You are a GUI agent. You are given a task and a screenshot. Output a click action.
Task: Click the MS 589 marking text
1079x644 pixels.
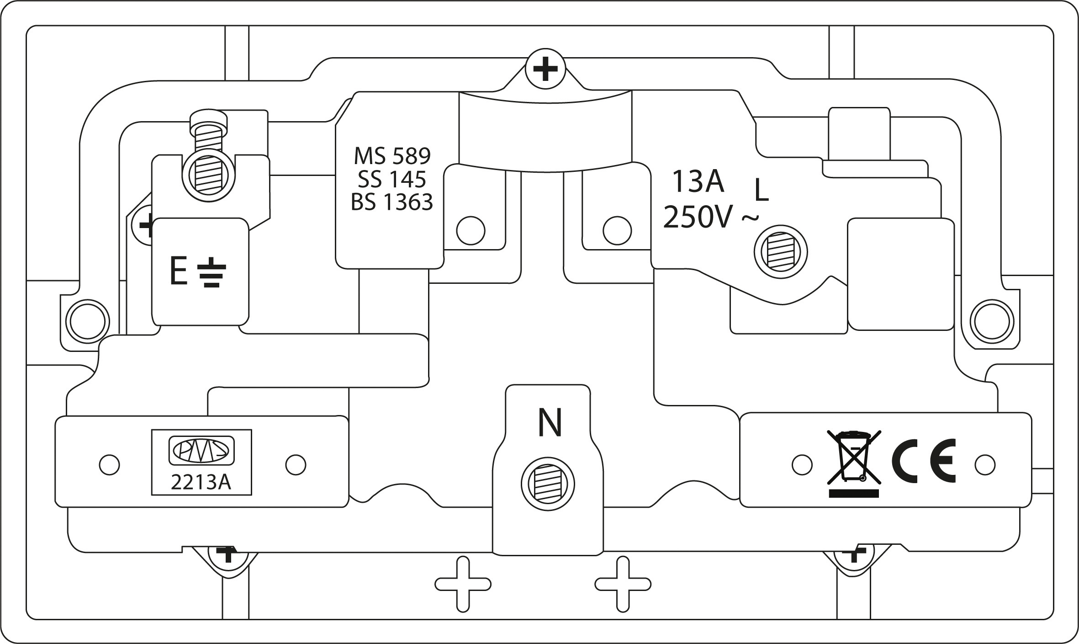(392, 156)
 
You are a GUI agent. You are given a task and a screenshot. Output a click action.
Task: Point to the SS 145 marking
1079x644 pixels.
(392, 179)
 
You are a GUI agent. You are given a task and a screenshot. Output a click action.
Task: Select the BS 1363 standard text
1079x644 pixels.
(392, 202)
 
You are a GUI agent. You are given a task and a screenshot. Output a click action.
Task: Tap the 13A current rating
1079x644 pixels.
(698, 181)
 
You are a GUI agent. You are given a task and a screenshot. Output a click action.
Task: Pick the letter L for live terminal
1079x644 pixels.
(762, 191)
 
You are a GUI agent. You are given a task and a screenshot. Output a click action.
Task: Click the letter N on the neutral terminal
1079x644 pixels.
(550, 423)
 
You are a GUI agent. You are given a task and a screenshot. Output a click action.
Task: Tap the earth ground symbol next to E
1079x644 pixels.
(211, 273)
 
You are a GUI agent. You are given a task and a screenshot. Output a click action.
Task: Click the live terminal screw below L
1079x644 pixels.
(780, 252)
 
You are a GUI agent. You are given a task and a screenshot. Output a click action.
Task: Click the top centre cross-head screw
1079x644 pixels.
(545, 70)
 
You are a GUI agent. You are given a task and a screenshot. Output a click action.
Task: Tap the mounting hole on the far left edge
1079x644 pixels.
(88, 321)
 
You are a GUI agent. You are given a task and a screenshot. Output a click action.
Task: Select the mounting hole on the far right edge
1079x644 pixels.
(991, 321)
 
